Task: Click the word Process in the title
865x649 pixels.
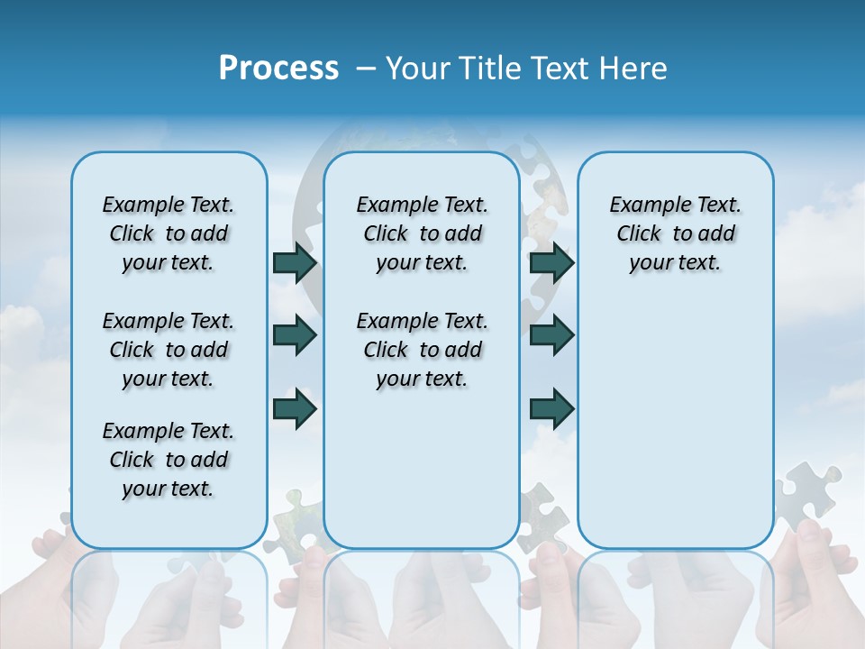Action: [x=278, y=69]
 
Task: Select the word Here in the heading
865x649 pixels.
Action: [x=633, y=69]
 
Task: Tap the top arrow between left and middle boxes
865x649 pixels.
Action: [x=295, y=262]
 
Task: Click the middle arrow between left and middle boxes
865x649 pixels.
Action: [x=295, y=335]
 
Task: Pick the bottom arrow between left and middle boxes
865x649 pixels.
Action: [x=295, y=409]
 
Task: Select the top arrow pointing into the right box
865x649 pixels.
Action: [x=551, y=262]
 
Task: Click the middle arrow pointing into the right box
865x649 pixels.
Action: [x=551, y=335]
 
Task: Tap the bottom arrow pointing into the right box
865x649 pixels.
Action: [x=551, y=409]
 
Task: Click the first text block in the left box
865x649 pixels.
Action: [x=168, y=233]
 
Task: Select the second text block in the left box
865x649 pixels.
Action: [x=168, y=350]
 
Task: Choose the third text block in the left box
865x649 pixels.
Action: [x=168, y=460]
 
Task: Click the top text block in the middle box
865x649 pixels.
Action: [x=422, y=233]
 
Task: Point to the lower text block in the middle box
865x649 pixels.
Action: [x=422, y=350]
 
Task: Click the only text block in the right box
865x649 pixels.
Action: [x=675, y=233]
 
